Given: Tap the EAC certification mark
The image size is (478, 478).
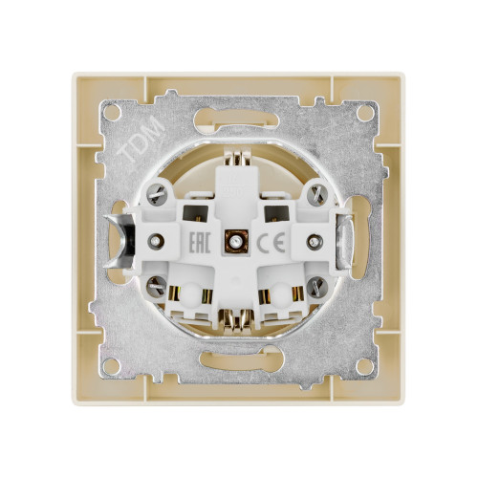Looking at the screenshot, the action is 200,243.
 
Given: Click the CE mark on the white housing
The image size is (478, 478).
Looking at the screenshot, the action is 271,242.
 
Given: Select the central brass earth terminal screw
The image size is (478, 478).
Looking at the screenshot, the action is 236,242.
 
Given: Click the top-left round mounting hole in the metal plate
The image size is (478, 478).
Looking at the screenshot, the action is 113,113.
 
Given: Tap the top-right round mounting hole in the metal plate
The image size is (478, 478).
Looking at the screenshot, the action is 364,113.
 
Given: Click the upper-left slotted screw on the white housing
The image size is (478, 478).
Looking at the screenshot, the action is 157,194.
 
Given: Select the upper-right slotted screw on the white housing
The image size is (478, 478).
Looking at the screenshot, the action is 316,193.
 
